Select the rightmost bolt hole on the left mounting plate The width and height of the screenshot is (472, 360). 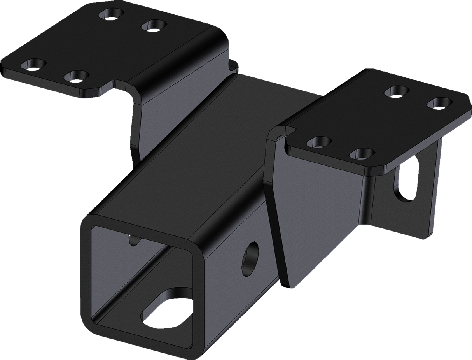[x=154, y=26]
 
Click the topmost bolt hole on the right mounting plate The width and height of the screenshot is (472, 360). [x=397, y=91]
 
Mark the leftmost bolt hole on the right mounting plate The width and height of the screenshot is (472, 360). [x=319, y=142]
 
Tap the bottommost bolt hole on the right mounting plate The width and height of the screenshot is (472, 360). [x=361, y=153]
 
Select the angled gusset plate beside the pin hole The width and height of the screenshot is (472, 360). [x=311, y=218]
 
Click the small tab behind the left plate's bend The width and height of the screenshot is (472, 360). [x=234, y=64]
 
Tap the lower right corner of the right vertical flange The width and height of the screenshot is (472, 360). [x=430, y=235]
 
